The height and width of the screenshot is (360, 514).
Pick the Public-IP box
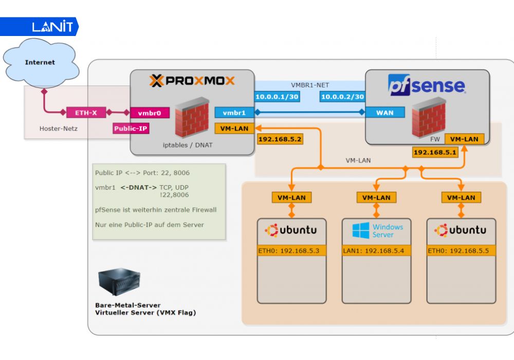tap(131, 128)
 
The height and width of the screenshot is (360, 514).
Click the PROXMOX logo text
tap(192, 81)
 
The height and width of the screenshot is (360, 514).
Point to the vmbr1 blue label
tap(234, 113)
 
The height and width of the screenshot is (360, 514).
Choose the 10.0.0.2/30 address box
tap(342, 97)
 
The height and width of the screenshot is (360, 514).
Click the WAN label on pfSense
tap(385, 113)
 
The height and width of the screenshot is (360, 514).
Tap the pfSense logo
tap(426, 85)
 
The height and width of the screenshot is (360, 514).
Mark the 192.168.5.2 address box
tap(280, 139)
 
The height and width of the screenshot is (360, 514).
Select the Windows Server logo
tap(377, 230)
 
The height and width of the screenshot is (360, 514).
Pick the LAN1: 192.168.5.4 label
tap(376, 251)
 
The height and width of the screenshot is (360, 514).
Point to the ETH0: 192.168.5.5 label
tap(462, 251)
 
